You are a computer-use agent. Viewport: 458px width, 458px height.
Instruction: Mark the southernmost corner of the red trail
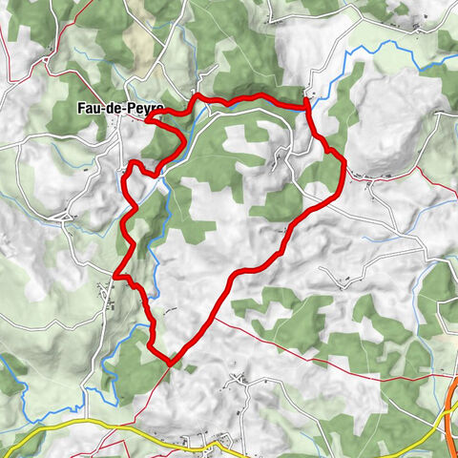pos(170,363)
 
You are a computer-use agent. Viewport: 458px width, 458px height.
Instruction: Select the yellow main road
pos(95,422)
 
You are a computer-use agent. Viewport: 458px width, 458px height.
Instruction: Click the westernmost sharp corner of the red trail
pos(116,277)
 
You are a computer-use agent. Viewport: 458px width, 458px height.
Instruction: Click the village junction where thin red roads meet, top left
pos(45,61)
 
